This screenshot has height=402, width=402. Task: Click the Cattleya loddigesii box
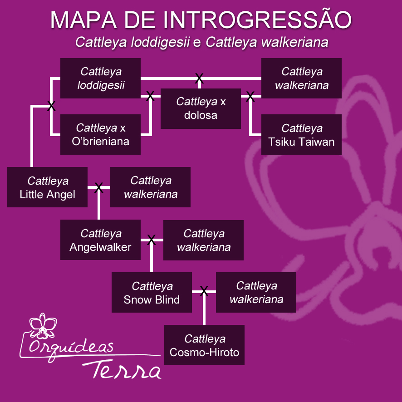coord(100,78)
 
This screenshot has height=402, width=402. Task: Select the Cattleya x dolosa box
coord(201,108)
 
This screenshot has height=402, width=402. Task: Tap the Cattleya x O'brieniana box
coord(100,134)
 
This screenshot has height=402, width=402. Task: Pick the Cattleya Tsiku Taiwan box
coord(301,134)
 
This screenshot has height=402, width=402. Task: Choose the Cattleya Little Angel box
coord(47,187)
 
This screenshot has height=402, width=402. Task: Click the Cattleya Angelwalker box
coord(100,240)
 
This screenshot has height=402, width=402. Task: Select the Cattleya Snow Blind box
coord(152,293)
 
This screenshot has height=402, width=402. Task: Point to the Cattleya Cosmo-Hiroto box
coord(204,345)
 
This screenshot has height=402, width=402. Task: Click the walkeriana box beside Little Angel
coord(150,187)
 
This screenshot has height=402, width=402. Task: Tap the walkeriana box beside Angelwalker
coord(203,240)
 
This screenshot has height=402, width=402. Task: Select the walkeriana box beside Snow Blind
coord(256,292)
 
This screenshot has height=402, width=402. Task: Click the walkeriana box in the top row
coord(301,78)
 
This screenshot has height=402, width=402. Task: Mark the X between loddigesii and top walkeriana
coord(199,78)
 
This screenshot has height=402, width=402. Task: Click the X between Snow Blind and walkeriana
coord(204,291)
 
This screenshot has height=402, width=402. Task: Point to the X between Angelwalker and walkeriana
coord(152,240)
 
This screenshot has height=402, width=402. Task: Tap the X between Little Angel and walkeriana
coord(98,187)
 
